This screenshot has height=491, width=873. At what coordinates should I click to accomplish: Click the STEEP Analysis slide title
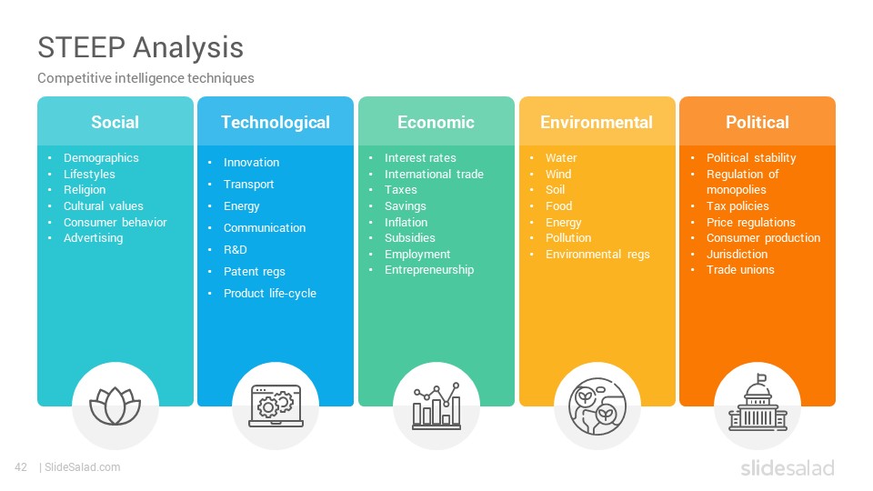(x=140, y=48)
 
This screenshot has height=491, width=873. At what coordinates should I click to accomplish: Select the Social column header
(x=115, y=122)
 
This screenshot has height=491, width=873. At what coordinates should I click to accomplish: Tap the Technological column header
(x=276, y=122)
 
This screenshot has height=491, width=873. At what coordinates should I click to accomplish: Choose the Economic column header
(x=436, y=122)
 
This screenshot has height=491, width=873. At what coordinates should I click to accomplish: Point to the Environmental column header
(x=597, y=122)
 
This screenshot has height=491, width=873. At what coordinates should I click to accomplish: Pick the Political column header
(x=758, y=122)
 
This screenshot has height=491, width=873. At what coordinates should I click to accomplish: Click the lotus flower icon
(x=115, y=406)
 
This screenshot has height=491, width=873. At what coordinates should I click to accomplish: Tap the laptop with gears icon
(x=276, y=406)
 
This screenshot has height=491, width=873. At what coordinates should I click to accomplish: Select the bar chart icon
(x=436, y=406)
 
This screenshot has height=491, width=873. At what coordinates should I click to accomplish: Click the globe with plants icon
(x=597, y=406)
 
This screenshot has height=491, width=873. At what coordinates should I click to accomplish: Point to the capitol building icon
(x=758, y=403)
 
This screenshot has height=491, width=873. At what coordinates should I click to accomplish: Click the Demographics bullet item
(x=101, y=158)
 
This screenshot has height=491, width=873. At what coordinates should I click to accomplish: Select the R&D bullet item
(x=235, y=249)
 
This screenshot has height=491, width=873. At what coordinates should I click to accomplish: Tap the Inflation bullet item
(x=406, y=222)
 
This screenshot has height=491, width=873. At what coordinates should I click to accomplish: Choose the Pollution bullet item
(x=567, y=237)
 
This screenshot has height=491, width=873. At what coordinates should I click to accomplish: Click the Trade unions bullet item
(x=740, y=269)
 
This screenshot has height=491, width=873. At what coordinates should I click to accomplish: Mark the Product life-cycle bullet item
(x=269, y=294)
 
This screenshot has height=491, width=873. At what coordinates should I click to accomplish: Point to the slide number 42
(x=21, y=467)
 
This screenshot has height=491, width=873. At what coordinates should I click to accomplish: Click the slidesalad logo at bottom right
(x=788, y=467)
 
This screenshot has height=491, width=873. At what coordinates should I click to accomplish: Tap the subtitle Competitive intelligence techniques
(x=145, y=78)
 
